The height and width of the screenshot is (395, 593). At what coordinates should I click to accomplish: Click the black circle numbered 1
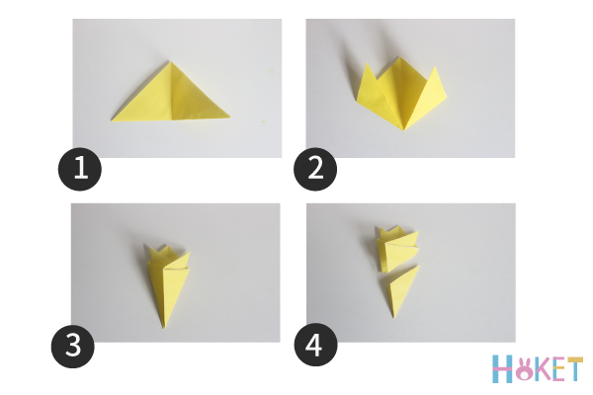(80, 169)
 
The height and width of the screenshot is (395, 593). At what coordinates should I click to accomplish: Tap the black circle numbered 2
(315, 169)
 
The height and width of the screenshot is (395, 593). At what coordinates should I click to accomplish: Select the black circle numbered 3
(72, 347)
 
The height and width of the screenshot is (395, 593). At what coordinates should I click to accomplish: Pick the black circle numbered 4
(315, 345)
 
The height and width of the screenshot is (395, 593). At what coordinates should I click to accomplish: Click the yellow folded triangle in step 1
(171, 100)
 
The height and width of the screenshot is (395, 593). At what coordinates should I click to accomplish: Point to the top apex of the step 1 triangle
(171, 62)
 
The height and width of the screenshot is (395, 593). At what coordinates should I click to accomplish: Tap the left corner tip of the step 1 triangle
(111, 120)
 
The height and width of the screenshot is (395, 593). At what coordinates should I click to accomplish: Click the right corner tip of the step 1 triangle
(229, 117)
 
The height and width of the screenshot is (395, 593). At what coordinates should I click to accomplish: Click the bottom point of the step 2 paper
(404, 129)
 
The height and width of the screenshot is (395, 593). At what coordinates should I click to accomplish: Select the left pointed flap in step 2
(369, 88)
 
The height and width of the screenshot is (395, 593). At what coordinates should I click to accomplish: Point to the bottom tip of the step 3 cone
(163, 327)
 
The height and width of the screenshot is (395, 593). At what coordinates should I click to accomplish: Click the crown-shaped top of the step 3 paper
(168, 256)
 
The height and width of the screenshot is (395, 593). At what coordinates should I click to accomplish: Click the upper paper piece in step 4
(397, 248)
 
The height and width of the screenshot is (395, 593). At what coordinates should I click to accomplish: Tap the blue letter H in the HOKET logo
(502, 368)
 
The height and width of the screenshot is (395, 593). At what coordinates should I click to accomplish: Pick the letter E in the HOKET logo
(559, 369)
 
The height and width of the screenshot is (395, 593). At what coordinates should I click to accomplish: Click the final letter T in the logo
(575, 369)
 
